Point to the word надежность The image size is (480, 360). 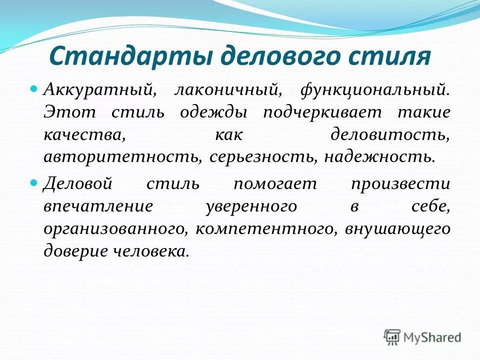click(378, 156)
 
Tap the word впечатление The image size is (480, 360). click(96, 205)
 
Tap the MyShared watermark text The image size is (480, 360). click(432, 338)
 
